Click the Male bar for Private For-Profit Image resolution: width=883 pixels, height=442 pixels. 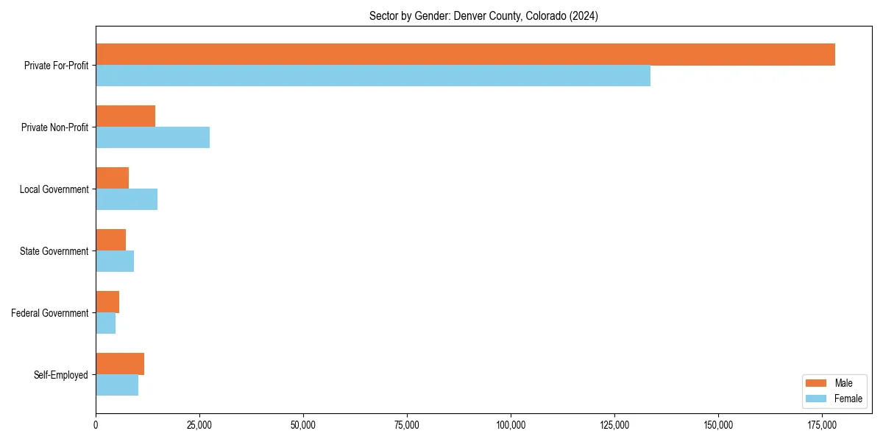click(x=465, y=55)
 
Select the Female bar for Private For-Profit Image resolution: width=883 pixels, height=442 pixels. click(x=373, y=76)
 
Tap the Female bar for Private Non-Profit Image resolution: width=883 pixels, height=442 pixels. click(x=152, y=138)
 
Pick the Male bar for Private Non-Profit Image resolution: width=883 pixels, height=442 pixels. click(x=125, y=116)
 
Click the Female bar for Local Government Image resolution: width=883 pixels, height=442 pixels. click(x=127, y=200)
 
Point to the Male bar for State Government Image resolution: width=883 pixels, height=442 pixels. click(x=110, y=240)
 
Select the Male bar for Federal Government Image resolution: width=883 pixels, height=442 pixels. click(x=107, y=302)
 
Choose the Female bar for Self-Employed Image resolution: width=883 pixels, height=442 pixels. click(x=117, y=385)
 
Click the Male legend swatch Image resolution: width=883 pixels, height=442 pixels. click(x=817, y=383)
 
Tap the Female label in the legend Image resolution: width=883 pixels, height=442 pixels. click(x=848, y=399)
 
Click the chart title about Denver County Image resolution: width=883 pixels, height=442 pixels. click(x=483, y=16)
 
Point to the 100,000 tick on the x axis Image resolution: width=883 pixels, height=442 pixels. click(x=511, y=425)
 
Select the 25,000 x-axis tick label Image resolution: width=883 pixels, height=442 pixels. click(x=199, y=425)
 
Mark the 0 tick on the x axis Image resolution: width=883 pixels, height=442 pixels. click(x=96, y=425)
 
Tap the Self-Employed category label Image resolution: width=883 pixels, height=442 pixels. click(x=61, y=375)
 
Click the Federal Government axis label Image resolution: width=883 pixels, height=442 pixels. click(x=50, y=313)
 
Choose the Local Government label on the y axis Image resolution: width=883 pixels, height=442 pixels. click(x=54, y=189)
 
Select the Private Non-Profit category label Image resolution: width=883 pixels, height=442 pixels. click(x=55, y=127)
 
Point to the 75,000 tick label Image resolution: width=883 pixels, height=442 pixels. click(x=407, y=425)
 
